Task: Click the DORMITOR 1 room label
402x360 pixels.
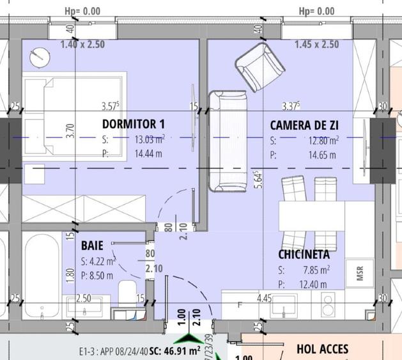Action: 134,123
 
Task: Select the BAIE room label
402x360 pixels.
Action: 93,245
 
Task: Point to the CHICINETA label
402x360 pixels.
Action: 304,254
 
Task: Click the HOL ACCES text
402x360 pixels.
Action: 323,348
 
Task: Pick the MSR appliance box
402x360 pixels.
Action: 359,274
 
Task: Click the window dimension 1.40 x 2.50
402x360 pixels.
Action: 82,45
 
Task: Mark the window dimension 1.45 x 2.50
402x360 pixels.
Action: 317,45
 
